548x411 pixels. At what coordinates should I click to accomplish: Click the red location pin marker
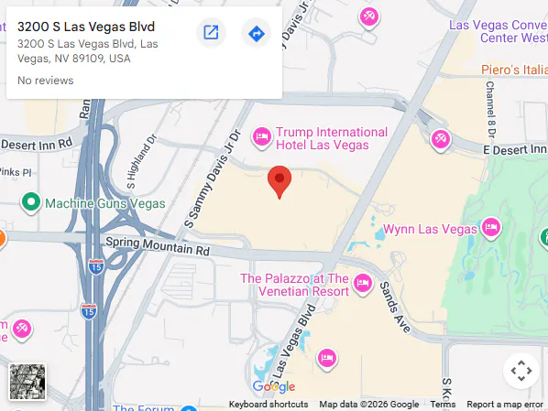[x=279, y=181]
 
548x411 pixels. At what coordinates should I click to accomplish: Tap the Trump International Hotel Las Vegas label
[x=331, y=138]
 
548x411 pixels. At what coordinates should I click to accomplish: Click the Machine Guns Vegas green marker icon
[x=30, y=202]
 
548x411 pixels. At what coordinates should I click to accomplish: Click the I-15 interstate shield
[x=95, y=265]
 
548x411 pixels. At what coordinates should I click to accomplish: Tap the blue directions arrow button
[x=256, y=34]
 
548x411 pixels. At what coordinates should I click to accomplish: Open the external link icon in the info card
[x=211, y=34]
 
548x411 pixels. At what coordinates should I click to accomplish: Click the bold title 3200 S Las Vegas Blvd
[x=86, y=26]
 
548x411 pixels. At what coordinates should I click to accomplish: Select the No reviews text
[x=45, y=81]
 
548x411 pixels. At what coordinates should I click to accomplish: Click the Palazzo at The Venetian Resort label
[x=294, y=285]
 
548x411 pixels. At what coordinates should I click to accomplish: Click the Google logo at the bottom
[x=274, y=387]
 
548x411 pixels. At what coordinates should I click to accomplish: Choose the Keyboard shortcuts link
[x=269, y=405]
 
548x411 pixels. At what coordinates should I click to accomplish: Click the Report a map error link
[x=505, y=405]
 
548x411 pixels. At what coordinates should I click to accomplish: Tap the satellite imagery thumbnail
[x=27, y=382]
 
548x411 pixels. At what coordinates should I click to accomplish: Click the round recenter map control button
[x=521, y=371]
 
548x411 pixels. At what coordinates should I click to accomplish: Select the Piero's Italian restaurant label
[x=513, y=70]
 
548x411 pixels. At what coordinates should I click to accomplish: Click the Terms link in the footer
[x=443, y=405]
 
